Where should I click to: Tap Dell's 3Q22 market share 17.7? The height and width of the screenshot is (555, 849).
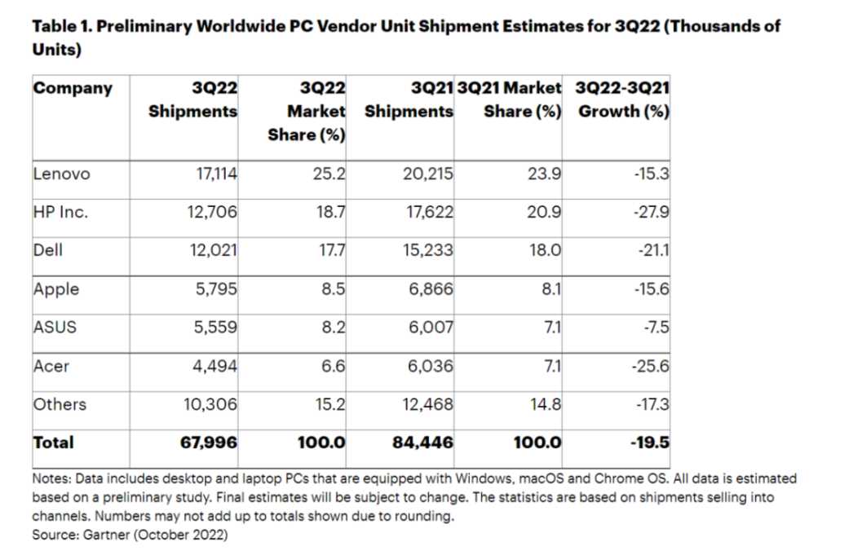point(331,250)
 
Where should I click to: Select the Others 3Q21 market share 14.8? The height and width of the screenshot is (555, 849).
point(544,404)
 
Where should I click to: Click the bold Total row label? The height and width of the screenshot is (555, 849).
point(53,443)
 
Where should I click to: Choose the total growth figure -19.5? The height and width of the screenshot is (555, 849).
point(649,443)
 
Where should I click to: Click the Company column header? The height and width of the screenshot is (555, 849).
point(73,88)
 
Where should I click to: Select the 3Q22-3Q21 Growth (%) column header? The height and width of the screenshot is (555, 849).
point(623,99)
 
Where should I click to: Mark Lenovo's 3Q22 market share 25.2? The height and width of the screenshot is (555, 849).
point(330,173)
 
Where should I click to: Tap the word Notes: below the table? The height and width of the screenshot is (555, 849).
point(51,479)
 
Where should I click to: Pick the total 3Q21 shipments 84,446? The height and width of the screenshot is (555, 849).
point(423,443)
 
